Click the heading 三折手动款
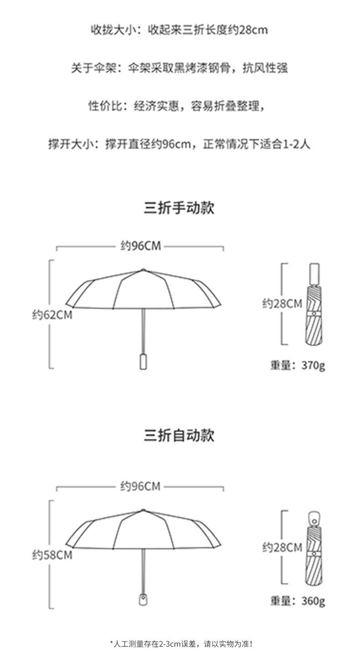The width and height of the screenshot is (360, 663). (x=179, y=207)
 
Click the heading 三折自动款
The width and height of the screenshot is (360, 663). (x=179, y=435)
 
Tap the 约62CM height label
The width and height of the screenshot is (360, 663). (x=52, y=314)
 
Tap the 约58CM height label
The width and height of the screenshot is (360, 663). (x=52, y=555)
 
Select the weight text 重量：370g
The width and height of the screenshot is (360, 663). (x=298, y=365)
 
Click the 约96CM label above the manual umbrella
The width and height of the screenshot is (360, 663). (x=140, y=246)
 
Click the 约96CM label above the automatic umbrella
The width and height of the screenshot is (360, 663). (x=140, y=486)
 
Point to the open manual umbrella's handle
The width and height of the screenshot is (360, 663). (x=143, y=361)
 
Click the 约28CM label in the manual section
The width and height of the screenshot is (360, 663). (x=282, y=303)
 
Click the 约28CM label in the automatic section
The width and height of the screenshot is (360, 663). (x=282, y=547)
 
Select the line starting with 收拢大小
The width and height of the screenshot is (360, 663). (x=179, y=30)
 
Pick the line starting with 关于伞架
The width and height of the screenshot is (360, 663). (x=179, y=68)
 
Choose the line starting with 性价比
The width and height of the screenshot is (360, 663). (x=176, y=106)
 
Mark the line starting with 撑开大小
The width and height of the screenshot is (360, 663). (x=179, y=144)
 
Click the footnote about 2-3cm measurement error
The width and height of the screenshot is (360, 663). (x=181, y=644)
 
